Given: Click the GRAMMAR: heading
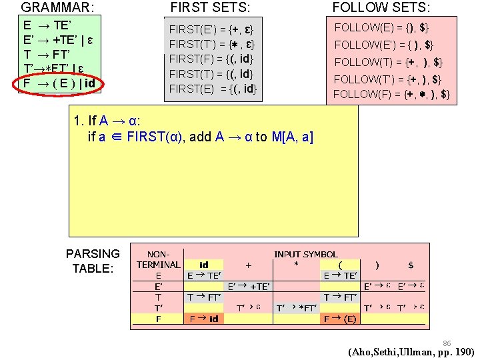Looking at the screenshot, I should point(57,8).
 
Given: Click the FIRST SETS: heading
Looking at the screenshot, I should point(211,8).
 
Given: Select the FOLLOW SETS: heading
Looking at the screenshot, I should point(381,8).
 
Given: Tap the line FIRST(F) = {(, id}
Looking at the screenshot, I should point(211,59).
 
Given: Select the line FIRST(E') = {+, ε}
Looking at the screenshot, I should point(211,30).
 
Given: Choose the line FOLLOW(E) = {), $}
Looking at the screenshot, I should point(381,27).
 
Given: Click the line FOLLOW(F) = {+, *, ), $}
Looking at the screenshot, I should point(392,94).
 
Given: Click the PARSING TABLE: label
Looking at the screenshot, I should point(93,261).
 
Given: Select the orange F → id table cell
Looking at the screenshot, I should point(204,319).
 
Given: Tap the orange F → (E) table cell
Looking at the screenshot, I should point(340,319).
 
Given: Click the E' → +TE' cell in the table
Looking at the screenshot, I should point(249,286).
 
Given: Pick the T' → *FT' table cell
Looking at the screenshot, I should point(297,308).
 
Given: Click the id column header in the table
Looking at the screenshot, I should point(204,265).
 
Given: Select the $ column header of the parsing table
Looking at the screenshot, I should point(411,265).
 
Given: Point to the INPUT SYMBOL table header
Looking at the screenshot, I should point(306,254).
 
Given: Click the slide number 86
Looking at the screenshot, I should point(447,343).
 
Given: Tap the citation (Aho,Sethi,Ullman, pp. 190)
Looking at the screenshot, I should point(411,352).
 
